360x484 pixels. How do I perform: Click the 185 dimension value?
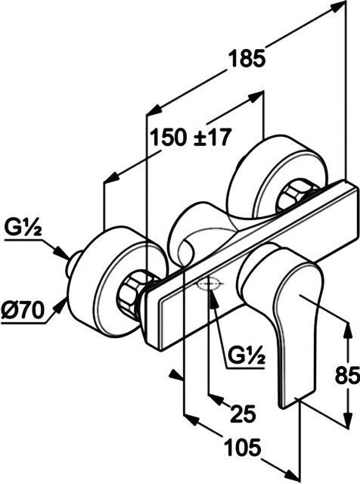247,59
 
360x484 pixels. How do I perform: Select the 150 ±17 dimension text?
190,138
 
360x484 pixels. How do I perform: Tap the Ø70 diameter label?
22,310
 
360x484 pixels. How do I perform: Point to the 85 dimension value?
347,375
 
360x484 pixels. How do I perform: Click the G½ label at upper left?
23,229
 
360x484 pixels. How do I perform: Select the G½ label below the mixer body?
247,356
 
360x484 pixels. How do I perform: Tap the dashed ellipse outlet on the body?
209,285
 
